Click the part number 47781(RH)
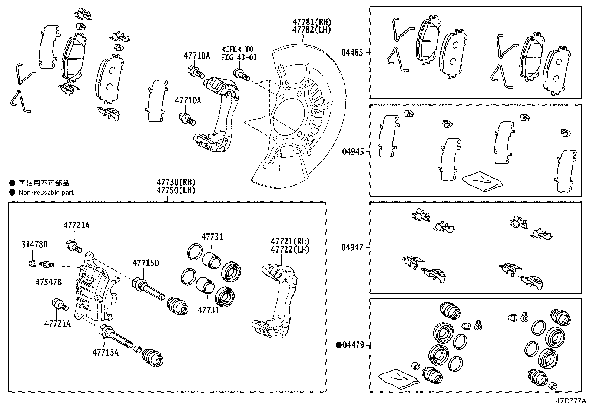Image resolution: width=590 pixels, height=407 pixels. tap(311, 22)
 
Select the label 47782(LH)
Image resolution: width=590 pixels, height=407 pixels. tap(311, 30)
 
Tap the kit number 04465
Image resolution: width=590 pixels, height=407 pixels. tap(352, 53)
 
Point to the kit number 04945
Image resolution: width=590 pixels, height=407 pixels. tap(352, 151)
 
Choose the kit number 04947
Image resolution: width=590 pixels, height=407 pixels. tap(352, 247)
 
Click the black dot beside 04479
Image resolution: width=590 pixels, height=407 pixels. tap(338, 346)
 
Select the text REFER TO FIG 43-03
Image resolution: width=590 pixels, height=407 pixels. tap(239, 53)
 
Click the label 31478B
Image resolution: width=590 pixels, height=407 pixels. tap(34, 244)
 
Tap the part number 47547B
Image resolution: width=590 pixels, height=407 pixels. tap(49, 282)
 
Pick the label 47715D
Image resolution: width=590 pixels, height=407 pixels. tap(146, 263)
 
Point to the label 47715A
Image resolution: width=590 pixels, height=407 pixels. tap(106, 352)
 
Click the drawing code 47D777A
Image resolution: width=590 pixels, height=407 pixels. tap(570, 401)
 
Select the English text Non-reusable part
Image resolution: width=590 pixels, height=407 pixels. tap(46, 193)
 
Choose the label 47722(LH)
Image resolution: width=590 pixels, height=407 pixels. tap(290, 250)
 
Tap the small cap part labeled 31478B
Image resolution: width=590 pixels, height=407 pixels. tap(32, 264)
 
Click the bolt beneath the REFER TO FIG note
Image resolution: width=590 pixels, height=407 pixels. tap(241, 74)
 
